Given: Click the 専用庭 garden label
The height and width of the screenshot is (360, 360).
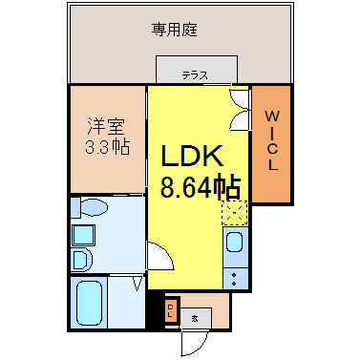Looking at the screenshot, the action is click(x=174, y=30).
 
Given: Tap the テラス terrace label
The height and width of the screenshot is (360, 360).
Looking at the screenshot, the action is click(x=195, y=75).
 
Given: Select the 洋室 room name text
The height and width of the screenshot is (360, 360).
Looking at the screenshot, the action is click(x=106, y=126).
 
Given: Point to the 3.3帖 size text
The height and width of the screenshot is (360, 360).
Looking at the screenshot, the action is click(x=107, y=147).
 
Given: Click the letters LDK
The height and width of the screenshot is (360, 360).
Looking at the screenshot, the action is click(x=192, y=156).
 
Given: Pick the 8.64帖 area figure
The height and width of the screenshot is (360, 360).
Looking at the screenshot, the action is click(x=200, y=186).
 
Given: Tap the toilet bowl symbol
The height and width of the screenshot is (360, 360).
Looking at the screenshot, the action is click(x=95, y=207).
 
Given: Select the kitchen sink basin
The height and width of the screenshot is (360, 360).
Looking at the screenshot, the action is click(x=235, y=243).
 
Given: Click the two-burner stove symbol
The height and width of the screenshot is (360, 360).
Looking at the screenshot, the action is click(x=235, y=279).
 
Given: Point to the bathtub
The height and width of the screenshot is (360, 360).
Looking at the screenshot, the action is click(x=89, y=303).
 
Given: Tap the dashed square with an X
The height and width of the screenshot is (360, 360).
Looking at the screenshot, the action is click(x=235, y=213).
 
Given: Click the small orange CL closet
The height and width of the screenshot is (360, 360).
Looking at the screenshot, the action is click(x=171, y=311).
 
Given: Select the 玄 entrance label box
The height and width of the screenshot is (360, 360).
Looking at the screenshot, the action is click(x=195, y=318).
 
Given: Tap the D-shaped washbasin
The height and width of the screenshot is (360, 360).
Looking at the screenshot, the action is click(x=82, y=260).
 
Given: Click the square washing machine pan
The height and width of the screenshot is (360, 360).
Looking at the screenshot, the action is click(x=83, y=235).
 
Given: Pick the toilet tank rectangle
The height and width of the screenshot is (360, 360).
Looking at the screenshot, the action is click(x=75, y=207).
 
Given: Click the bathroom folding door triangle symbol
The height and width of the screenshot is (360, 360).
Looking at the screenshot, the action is click(x=138, y=284).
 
